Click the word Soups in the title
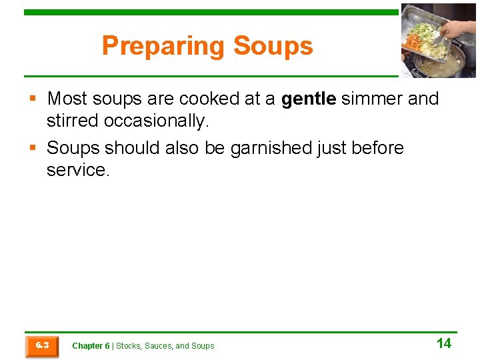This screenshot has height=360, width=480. [x=273, y=46]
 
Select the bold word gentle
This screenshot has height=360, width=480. [x=309, y=99]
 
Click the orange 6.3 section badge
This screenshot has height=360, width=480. [x=41, y=345]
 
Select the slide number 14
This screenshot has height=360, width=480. [x=443, y=344]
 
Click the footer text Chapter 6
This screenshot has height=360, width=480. [x=91, y=346]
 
